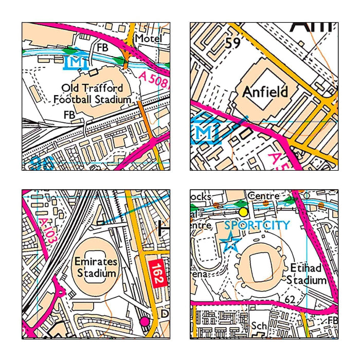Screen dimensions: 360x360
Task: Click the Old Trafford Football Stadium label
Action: click(x=92, y=93)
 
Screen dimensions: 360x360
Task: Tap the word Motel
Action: click(x=148, y=39)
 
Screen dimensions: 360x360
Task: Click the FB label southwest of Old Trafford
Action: click(x=69, y=114)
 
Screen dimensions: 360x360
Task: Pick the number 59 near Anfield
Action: click(x=232, y=44)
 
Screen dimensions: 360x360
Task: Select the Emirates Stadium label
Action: click(x=96, y=267)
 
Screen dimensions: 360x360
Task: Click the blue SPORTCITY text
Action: click(x=257, y=225)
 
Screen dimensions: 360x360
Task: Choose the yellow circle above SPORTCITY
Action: click(x=243, y=211)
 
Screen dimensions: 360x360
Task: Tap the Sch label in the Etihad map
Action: click(x=258, y=327)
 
